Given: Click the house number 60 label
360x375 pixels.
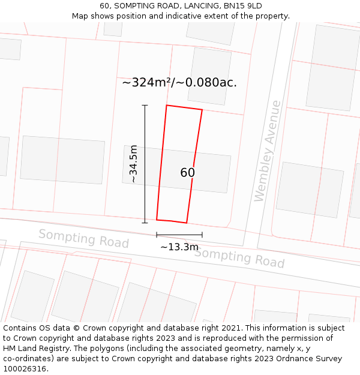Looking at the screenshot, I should pyautogui.click(x=187, y=173).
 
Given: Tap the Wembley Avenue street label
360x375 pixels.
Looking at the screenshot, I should pyautogui.click(x=268, y=151).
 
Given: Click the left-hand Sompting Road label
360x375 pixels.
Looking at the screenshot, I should pyautogui.click(x=83, y=238).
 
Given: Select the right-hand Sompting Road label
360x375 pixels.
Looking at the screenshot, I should pyautogui.click(x=239, y=257).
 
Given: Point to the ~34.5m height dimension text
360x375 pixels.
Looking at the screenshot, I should pyautogui.click(x=133, y=164).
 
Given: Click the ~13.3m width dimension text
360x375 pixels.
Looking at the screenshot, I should pyautogui.click(x=179, y=247).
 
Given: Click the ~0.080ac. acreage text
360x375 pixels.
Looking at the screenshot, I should pyautogui.click(x=211, y=83).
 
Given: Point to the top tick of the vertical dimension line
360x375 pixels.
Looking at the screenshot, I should pyautogui.click(x=145, y=105).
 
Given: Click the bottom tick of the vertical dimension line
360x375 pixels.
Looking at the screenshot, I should pyautogui.click(x=145, y=223).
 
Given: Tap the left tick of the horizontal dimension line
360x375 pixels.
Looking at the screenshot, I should pyautogui.click(x=157, y=235).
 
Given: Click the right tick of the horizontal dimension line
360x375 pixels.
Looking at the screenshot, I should pyautogui.click(x=202, y=235).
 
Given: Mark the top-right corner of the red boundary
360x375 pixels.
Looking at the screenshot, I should pyautogui.click(x=202, y=110).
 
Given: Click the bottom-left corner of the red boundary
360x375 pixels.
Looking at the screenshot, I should pyautogui.click(x=157, y=220).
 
